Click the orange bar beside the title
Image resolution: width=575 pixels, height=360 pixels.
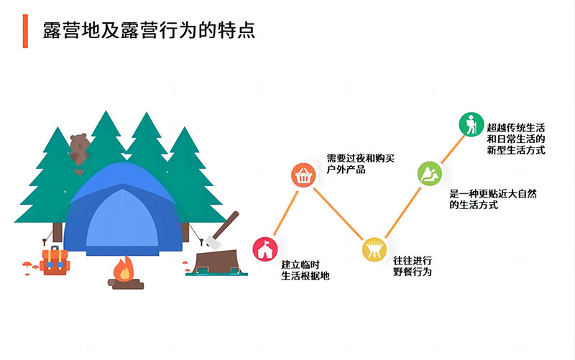(x=25, y=31)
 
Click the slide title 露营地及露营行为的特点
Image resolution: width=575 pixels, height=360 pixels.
(x=149, y=30)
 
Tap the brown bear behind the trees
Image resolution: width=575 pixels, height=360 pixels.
(x=79, y=149)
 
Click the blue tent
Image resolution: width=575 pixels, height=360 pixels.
(x=123, y=208)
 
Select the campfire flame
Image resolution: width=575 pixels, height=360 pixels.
(x=124, y=269)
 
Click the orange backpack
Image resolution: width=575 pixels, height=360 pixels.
(x=55, y=261)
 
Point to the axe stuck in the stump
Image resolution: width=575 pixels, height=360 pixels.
(x=222, y=230)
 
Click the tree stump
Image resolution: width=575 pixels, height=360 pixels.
(x=217, y=262)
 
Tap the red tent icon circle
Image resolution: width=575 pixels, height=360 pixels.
(x=265, y=249)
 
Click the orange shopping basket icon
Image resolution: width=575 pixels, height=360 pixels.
(x=303, y=175)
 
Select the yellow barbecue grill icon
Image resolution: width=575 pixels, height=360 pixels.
(x=374, y=249)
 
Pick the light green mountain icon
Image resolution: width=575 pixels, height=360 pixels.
(x=429, y=173)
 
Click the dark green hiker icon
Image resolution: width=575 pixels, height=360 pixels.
(x=471, y=124)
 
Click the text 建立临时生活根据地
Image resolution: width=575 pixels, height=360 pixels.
(x=305, y=270)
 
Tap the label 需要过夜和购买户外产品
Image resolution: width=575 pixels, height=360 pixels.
(x=361, y=164)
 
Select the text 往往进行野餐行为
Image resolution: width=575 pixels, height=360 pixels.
(x=413, y=266)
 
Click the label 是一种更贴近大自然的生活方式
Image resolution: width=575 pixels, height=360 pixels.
(x=493, y=199)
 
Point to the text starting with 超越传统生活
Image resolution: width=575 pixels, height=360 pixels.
(x=516, y=139)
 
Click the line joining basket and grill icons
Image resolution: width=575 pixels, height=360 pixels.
(x=338, y=213)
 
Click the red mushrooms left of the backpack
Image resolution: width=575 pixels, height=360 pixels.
(x=30, y=267)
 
